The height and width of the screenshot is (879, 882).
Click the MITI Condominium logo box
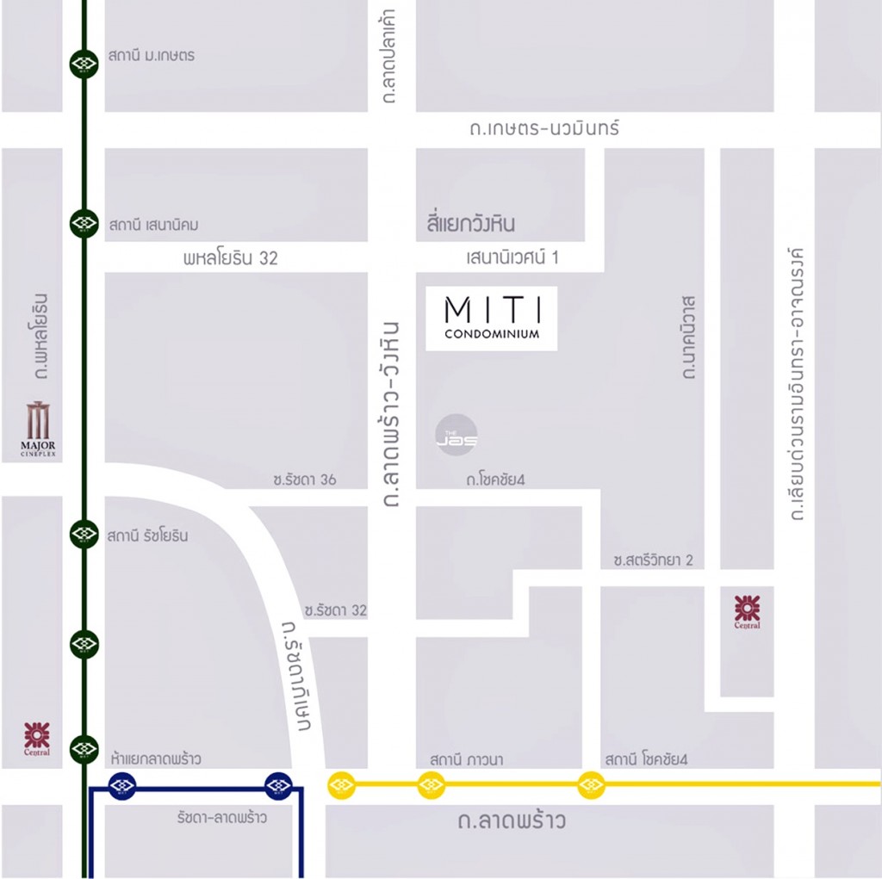491,318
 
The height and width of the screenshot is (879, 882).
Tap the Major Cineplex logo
38,428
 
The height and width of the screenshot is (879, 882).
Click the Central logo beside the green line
37,739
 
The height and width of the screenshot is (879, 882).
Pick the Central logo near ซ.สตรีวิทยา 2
747,612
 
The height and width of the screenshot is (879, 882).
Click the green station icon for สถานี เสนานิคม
84,224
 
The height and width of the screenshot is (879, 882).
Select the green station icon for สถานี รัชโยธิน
84,534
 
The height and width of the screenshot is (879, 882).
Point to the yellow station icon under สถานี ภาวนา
431,784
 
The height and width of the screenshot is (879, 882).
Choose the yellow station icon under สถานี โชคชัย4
591,784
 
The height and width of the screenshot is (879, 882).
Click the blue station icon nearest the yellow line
278,784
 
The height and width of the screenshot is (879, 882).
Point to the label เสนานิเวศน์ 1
512,257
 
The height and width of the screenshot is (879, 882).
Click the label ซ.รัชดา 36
304,480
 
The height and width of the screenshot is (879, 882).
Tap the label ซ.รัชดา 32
335,610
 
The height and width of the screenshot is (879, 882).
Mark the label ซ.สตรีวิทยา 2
653,560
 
